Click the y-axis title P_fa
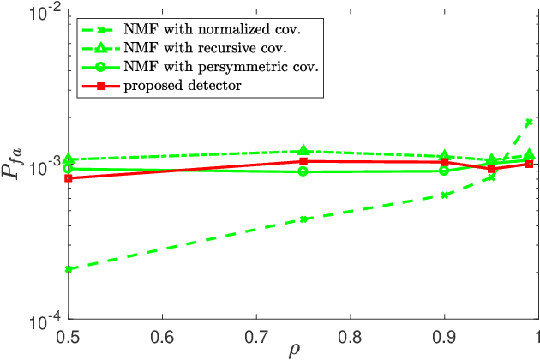19,163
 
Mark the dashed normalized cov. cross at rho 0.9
444,195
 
